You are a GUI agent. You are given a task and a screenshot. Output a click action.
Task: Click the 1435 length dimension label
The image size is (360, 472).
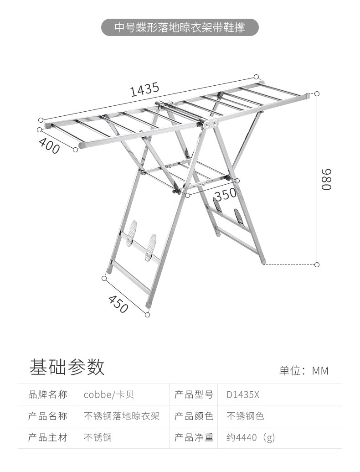point(144,89)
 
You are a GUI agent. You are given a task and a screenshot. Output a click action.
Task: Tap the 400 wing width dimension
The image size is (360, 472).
point(49,145)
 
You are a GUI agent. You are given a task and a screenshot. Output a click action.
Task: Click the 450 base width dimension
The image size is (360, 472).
point(118,304)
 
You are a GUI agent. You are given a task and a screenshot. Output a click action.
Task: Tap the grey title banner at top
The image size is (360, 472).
point(180,28)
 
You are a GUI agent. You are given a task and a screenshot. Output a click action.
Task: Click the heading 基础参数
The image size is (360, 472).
point(67,367)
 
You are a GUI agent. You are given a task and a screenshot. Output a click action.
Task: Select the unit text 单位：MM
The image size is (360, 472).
point(303,370)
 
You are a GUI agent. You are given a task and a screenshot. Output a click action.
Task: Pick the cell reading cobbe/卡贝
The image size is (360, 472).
point(109,394)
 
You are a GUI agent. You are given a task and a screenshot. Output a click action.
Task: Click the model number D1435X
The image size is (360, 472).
point(242,394)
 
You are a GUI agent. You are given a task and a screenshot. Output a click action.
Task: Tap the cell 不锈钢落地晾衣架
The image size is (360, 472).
point(122,416)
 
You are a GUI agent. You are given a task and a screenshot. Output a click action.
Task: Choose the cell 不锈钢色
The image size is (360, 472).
point(245,416)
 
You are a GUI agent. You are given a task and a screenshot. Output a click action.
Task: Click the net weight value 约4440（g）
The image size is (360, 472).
point(251,438)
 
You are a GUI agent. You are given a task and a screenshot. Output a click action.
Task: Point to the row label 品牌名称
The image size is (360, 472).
point(48,394)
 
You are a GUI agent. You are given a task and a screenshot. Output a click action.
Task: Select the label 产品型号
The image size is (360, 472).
point(194,394)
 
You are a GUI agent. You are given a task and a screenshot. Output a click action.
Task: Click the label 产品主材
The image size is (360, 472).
point(48,438)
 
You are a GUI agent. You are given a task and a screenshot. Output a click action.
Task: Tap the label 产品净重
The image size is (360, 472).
point(194,438)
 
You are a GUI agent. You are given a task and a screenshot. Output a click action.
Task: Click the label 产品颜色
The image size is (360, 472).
point(194,416)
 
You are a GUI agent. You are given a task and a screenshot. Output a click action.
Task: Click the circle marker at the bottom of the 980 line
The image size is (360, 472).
point(317,264)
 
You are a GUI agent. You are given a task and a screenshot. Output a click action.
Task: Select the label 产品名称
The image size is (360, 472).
point(48,416)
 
